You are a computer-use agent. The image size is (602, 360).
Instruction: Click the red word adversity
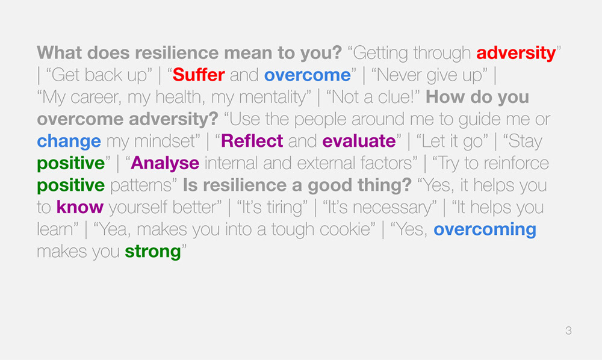coord(516,54)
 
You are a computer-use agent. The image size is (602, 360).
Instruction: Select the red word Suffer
coord(199,75)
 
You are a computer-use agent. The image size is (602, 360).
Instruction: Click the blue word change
coord(69,141)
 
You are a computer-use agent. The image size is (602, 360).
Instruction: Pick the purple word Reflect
coord(252,141)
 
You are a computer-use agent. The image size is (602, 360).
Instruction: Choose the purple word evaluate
coord(359,141)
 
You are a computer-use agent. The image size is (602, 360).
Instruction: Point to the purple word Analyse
coord(165,164)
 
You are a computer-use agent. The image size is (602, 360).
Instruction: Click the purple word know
coord(80,207)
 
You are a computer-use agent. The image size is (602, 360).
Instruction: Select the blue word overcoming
coord(485,230)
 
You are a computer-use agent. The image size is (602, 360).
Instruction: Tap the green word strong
coord(153,252)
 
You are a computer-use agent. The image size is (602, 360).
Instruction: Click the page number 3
coord(569,331)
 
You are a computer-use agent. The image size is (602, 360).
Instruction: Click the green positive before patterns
coord(70,186)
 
